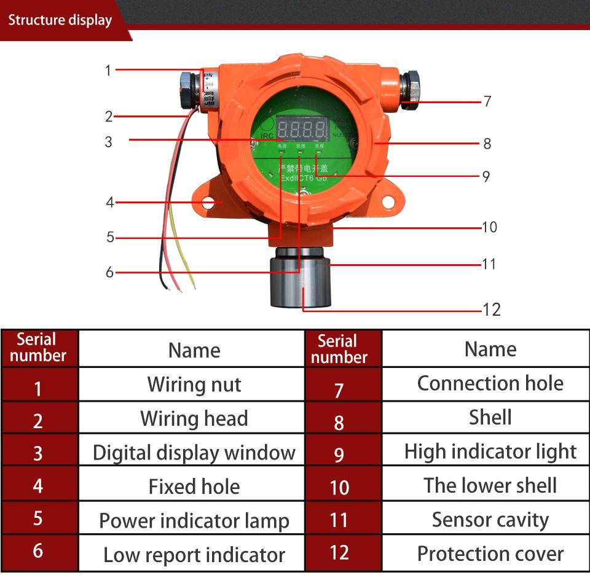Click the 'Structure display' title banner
(x=60, y=20)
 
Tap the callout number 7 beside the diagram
(x=487, y=101)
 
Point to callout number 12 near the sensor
(x=492, y=309)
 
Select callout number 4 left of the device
(x=110, y=202)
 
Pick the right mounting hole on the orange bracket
(x=388, y=201)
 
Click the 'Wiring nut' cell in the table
(x=194, y=385)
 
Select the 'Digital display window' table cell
(x=194, y=453)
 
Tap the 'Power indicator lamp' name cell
(x=194, y=520)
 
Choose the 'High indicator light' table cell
(x=490, y=452)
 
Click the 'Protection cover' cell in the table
(x=490, y=553)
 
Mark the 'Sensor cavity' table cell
(x=490, y=520)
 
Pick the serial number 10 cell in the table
(x=339, y=487)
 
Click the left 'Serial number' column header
(x=38, y=348)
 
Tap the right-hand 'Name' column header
(x=490, y=349)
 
